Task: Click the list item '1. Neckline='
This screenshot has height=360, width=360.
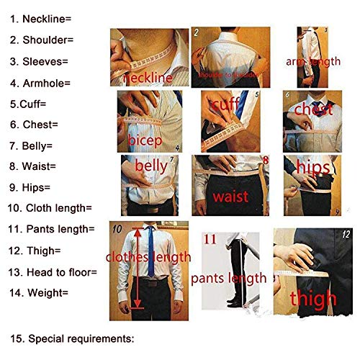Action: tap(39, 19)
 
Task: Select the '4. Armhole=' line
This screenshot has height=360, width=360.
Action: tap(40, 83)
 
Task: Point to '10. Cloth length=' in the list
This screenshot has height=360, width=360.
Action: tap(50, 208)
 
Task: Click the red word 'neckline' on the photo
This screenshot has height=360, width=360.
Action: tap(148, 77)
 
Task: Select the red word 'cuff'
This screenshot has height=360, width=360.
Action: tap(225, 105)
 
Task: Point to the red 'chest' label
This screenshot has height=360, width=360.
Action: tap(312, 110)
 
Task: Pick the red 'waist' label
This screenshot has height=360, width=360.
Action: tap(230, 197)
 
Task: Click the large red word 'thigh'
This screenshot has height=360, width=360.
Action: tap(312, 297)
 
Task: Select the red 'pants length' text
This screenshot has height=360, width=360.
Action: tap(229, 278)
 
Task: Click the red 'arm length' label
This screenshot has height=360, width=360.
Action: tap(312, 61)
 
